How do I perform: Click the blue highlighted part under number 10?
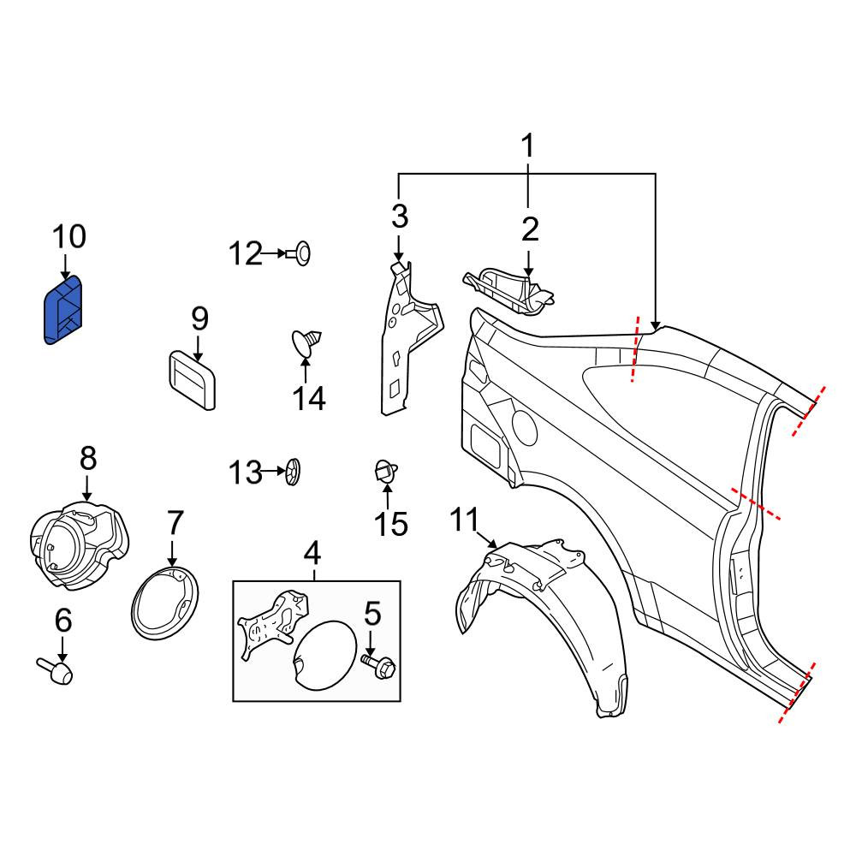pyautogui.click(x=63, y=310)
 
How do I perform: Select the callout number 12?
pyautogui.click(x=245, y=254)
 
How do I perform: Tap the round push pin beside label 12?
pyautogui.click(x=299, y=253)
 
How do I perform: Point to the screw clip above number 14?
pyautogui.click(x=306, y=342)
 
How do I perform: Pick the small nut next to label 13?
pyautogui.click(x=293, y=472)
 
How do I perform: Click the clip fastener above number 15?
pyautogui.click(x=385, y=472)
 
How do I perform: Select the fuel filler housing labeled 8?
pyautogui.click(x=79, y=545)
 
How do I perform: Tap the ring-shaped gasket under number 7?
pyautogui.click(x=165, y=603)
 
